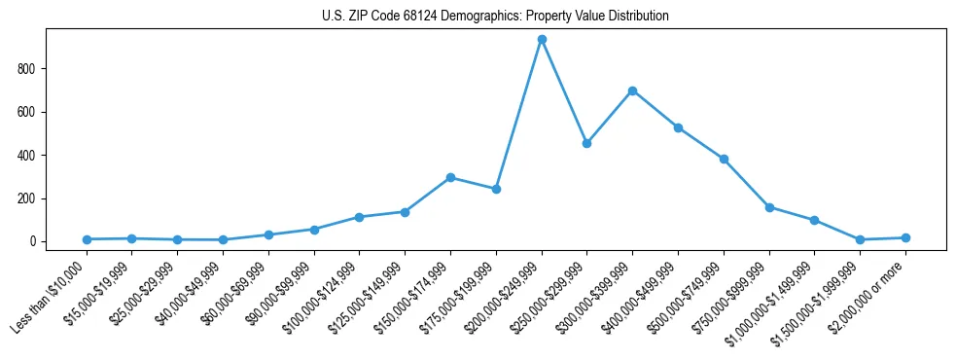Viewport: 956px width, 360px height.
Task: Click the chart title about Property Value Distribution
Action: (495, 16)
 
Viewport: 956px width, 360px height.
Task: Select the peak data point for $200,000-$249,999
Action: (542, 39)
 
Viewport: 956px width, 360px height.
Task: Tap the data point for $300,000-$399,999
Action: (632, 90)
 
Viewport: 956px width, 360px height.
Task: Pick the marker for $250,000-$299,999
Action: (586, 143)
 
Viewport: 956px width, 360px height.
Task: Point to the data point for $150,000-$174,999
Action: (450, 177)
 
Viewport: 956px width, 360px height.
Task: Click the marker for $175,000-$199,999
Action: (496, 189)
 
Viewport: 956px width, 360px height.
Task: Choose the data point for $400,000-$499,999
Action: (678, 127)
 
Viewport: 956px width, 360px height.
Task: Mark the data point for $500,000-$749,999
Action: (724, 159)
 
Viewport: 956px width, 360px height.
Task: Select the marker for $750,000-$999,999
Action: (769, 207)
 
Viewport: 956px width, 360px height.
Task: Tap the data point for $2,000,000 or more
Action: (905, 237)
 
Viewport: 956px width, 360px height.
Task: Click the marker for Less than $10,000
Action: (87, 239)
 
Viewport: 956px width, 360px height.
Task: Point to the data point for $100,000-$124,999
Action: (359, 217)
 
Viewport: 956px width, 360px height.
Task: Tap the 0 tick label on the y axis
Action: (32, 241)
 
